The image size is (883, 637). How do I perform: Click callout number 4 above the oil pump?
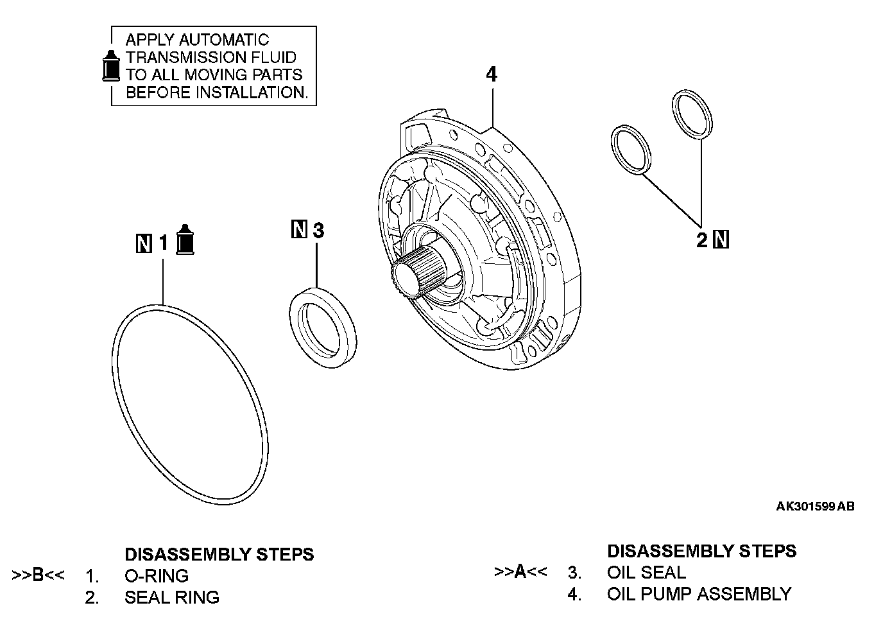coord(491,74)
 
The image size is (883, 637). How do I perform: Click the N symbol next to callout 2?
coord(721,240)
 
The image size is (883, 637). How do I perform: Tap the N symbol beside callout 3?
coord(299,229)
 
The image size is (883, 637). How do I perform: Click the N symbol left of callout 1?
coord(144,243)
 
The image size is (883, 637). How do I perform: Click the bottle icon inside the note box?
coord(112,66)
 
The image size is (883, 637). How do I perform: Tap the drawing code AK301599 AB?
coord(815,507)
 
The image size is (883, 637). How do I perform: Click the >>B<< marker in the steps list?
coord(39,575)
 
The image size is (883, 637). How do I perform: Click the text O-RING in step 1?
coord(157,575)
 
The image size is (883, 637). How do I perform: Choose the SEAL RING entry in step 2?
coord(172,597)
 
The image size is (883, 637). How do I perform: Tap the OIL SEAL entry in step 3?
coord(646,572)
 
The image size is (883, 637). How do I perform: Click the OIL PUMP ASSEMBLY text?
coord(699,594)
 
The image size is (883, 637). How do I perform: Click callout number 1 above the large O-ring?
coord(164,243)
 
